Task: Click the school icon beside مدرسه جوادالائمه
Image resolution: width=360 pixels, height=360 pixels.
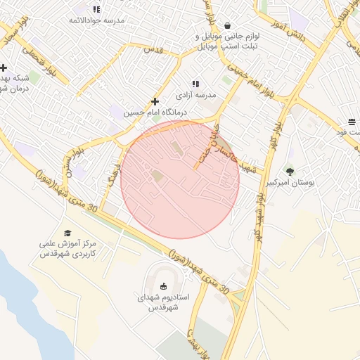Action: point(96,9)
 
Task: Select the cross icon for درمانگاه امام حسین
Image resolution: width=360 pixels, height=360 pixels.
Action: point(155,101)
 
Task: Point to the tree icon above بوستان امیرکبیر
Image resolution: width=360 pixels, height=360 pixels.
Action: point(290,171)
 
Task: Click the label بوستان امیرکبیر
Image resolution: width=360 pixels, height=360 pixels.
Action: point(290,183)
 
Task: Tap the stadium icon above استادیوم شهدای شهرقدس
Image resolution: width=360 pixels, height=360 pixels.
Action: point(163,285)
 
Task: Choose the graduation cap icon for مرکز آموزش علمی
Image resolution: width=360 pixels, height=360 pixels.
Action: point(67,233)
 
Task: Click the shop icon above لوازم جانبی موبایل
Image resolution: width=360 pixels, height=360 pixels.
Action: point(227,25)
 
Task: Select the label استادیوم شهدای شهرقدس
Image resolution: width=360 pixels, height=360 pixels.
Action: point(158,302)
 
